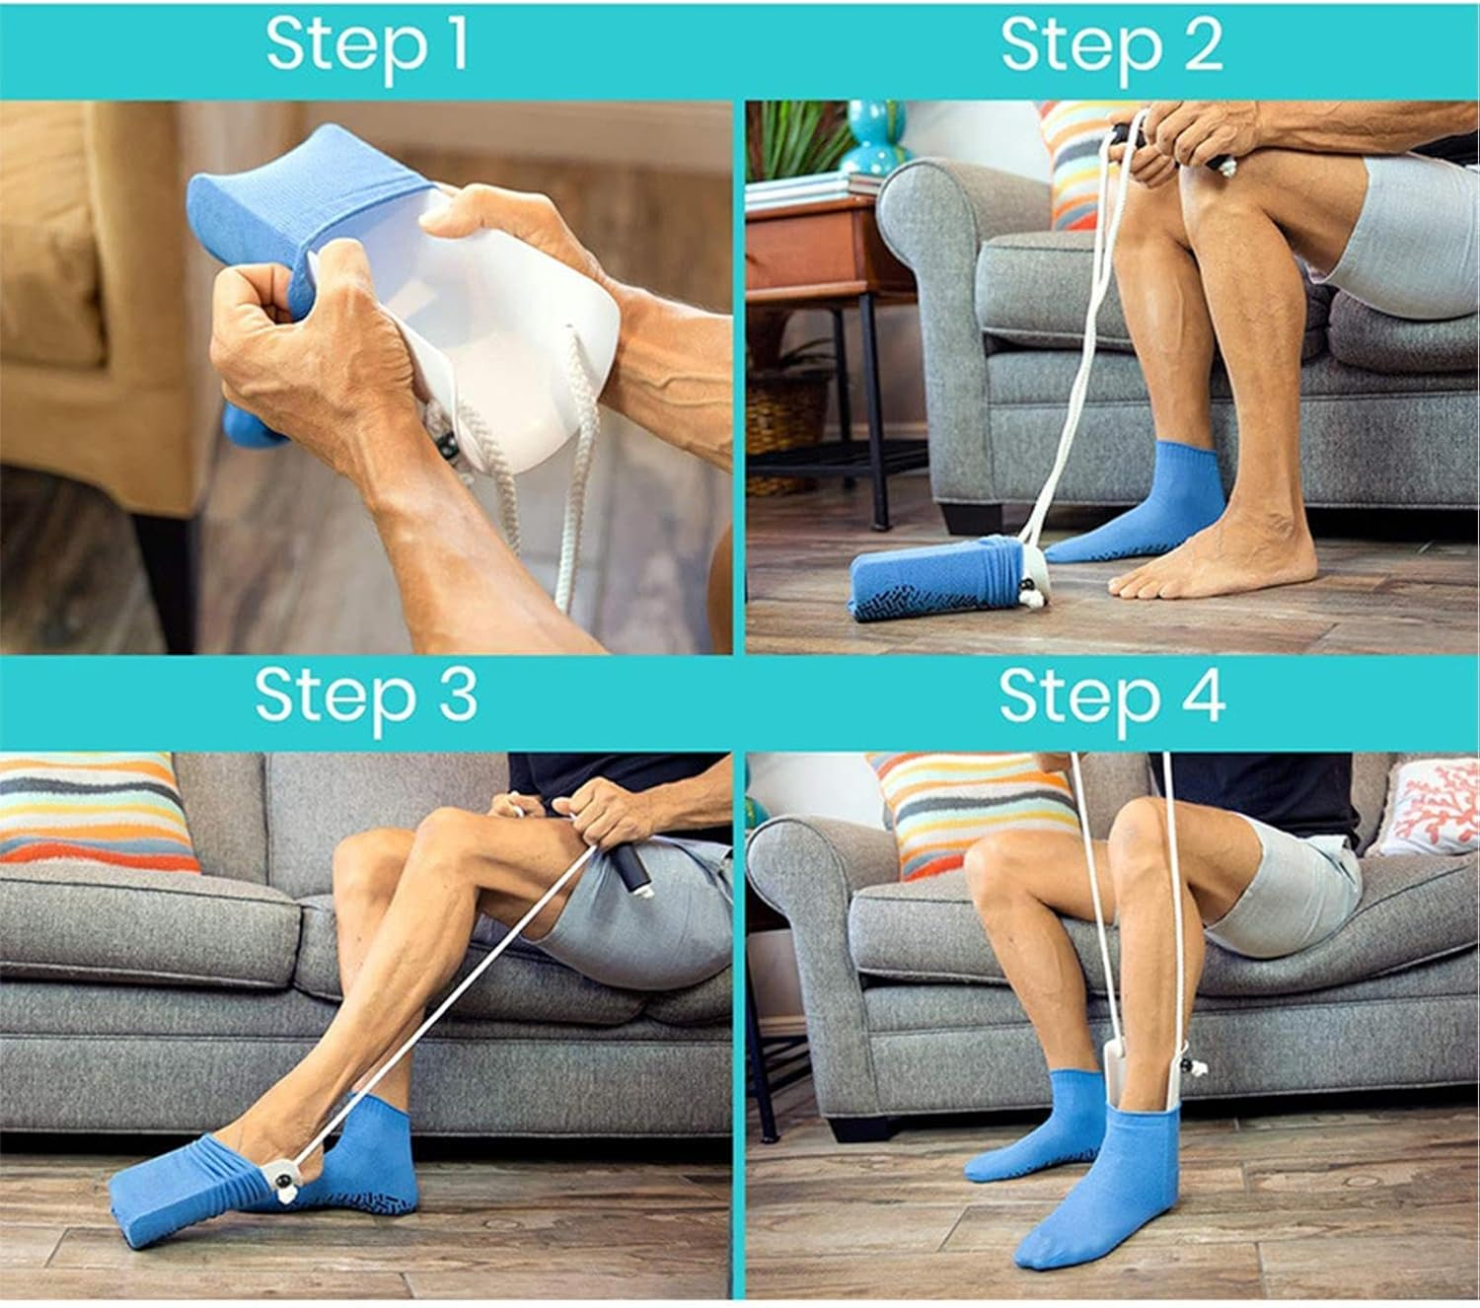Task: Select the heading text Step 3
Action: tap(366, 695)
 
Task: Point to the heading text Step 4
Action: tap(1111, 695)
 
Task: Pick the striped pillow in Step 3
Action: tap(94, 809)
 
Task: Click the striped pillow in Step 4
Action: tap(972, 809)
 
